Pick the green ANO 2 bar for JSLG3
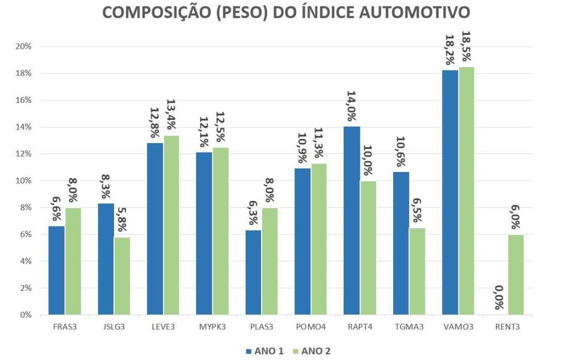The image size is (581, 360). [122, 275]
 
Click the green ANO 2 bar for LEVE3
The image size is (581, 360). [171, 225]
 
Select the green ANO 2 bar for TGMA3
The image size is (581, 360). [417, 271]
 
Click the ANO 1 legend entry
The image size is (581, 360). [265, 350]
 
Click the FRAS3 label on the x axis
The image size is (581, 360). [64, 327]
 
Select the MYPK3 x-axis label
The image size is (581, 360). [212, 327]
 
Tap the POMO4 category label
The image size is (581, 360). [310, 327]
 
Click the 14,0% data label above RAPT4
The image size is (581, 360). [351, 107]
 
